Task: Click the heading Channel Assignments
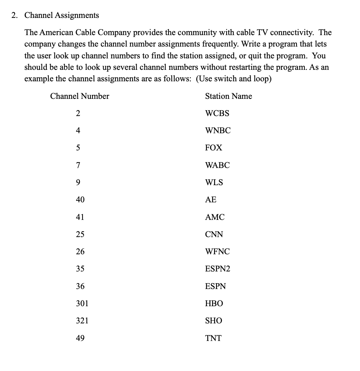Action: (62, 15)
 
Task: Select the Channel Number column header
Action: (80, 96)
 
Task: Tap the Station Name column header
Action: (228, 96)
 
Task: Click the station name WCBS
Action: (217, 114)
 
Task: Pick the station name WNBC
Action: (218, 131)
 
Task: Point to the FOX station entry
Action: (213, 148)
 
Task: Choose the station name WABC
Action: (217, 165)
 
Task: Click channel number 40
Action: (80, 200)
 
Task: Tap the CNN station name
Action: (214, 235)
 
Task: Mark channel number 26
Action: (80, 252)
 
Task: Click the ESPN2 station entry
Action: (217, 269)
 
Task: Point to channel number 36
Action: (80, 286)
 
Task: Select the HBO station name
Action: (214, 304)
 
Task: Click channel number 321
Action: (82, 321)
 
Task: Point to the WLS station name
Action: (214, 183)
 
